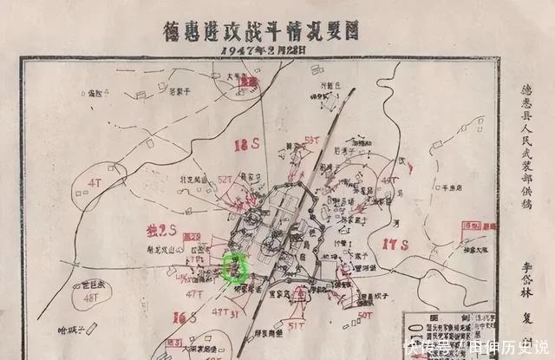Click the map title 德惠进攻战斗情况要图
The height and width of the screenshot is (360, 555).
click(x=259, y=31)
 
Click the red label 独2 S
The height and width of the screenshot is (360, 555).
click(x=161, y=231)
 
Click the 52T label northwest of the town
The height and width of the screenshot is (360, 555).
click(x=225, y=179)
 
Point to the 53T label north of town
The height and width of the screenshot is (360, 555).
click(x=313, y=140)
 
